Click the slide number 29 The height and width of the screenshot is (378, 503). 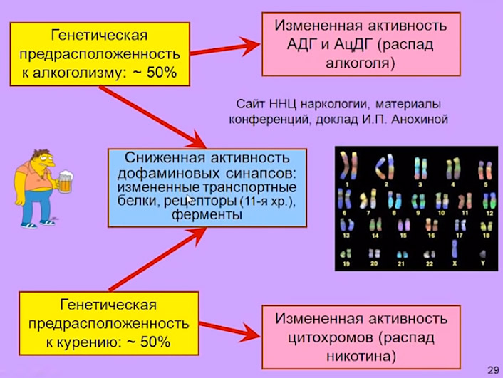[x=493, y=370]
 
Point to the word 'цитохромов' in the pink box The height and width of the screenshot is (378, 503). [x=331, y=337]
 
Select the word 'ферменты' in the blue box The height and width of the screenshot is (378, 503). [x=207, y=214]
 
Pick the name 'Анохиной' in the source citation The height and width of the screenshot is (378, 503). [x=420, y=120]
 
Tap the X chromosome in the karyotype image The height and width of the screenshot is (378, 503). [x=455, y=248]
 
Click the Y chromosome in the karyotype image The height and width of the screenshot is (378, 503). [x=482, y=255]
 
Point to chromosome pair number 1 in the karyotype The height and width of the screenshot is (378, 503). [x=348, y=165]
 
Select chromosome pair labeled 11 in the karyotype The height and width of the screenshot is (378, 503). [x=465, y=201]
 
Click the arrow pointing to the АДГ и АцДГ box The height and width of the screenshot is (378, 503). [x=225, y=48]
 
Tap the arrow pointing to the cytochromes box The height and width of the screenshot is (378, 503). [x=229, y=330]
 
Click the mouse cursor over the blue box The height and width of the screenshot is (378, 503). [x=190, y=200]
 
